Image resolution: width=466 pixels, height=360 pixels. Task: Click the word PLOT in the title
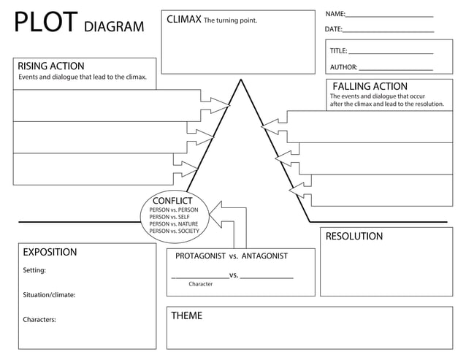coord(45,23)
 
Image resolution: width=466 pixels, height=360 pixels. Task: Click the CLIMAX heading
coord(183,19)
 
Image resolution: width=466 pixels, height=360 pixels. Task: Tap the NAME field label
coord(335,14)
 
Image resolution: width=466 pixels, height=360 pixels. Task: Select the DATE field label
coord(333,29)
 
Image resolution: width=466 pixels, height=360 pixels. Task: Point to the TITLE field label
coord(338,51)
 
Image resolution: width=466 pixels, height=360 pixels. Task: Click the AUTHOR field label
coord(343,67)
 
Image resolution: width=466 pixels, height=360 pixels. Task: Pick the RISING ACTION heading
coord(50,66)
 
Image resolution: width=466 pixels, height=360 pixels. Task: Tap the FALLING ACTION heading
coord(370,86)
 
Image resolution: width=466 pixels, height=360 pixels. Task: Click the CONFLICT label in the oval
coord(172,201)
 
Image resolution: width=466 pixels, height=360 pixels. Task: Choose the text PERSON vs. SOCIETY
coord(174,231)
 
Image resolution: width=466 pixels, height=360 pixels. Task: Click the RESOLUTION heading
coord(354,237)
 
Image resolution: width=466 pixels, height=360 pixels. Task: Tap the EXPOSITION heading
coord(50,252)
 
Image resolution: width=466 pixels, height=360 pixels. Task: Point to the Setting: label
coord(34,270)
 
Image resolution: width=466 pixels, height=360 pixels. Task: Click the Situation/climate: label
coord(49,295)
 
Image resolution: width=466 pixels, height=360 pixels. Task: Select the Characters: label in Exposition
coord(39,319)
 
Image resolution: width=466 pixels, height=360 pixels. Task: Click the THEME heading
coord(186,315)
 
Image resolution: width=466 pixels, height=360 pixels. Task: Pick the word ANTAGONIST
coord(264,256)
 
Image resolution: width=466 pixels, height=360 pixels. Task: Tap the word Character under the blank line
coord(200,284)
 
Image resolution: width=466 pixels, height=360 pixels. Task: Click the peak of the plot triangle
coord(240,80)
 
